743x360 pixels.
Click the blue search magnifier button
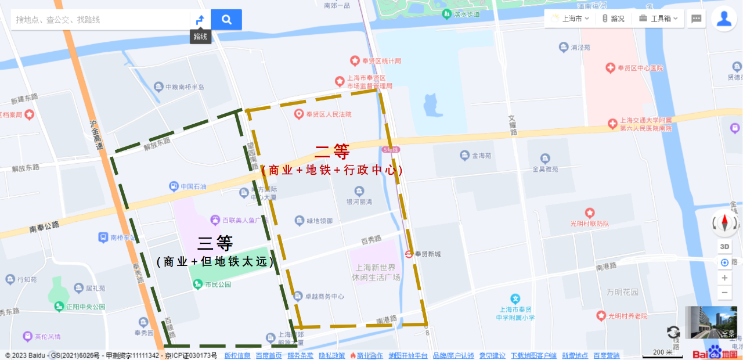226,20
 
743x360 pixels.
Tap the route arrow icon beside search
200,20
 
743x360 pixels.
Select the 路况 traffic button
613,19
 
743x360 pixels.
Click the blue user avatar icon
724,19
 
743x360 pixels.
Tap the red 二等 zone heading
332,152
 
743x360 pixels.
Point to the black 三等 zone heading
215,243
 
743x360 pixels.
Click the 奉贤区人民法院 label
329,114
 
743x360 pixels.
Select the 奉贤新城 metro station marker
409,254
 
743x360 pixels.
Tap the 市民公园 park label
217,285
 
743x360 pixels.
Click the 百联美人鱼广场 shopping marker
215,220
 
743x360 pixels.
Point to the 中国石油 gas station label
193,186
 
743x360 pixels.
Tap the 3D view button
724,246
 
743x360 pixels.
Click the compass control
724,223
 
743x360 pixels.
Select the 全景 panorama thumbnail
710,322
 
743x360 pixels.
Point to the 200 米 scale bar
662,352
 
